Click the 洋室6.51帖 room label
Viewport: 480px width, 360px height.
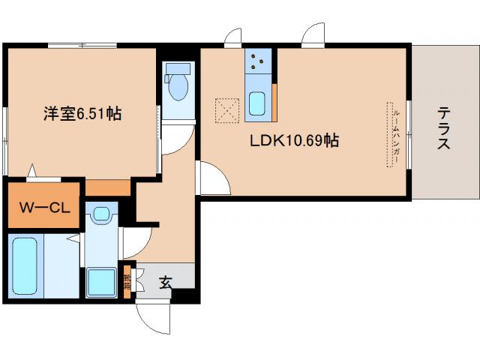coord(82,114)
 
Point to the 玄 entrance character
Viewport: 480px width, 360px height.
coord(165,283)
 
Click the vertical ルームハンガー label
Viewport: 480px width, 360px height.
coord(395,136)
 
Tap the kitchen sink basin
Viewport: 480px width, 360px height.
coord(257,103)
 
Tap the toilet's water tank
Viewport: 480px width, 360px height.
coord(178,69)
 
